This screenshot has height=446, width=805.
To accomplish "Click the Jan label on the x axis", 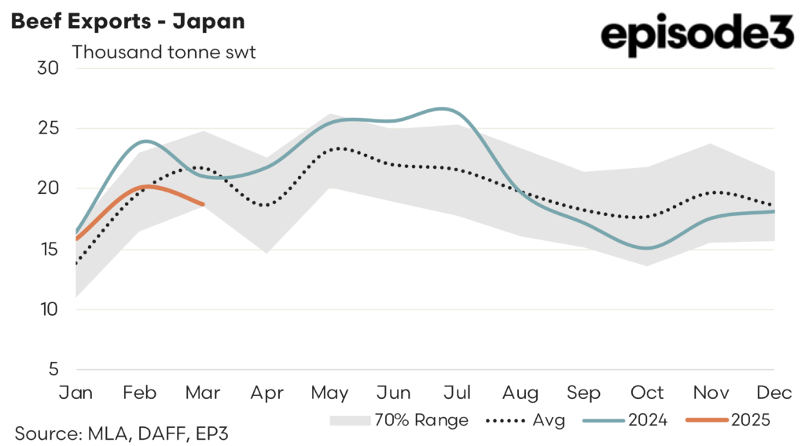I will [x=76, y=392].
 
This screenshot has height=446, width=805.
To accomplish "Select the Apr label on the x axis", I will [x=267, y=392].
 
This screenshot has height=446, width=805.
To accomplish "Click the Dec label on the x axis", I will [x=774, y=392].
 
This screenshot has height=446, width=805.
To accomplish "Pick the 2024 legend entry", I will [x=625, y=420].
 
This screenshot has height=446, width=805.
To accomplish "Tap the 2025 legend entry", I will [x=728, y=420].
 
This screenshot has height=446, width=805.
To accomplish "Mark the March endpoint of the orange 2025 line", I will [x=203, y=204].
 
